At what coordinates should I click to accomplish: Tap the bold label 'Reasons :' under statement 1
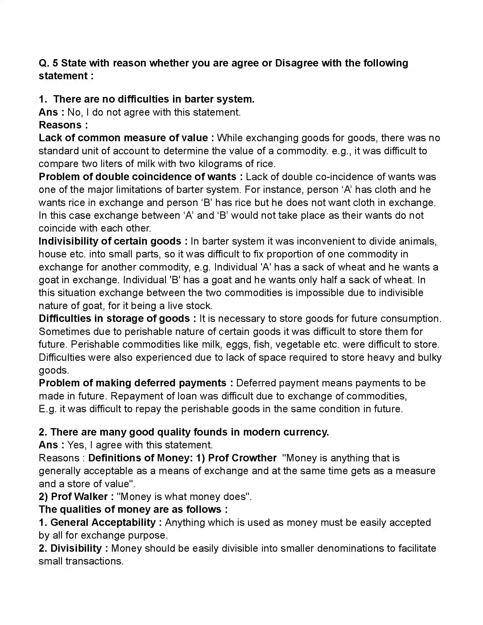(x=63, y=125)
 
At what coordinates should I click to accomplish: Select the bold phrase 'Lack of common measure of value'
(x=123, y=138)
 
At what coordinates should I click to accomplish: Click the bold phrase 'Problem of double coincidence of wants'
(x=137, y=177)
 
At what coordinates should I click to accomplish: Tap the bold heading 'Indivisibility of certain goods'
(x=110, y=241)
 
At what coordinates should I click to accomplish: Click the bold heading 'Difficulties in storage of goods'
(x=114, y=318)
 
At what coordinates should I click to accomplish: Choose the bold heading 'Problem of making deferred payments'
(x=132, y=383)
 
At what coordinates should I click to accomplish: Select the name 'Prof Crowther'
(x=242, y=458)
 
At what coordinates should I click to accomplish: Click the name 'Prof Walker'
(x=79, y=497)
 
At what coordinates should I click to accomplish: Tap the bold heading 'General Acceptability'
(x=103, y=522)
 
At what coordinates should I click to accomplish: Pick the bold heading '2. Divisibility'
(x=70, y=548)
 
